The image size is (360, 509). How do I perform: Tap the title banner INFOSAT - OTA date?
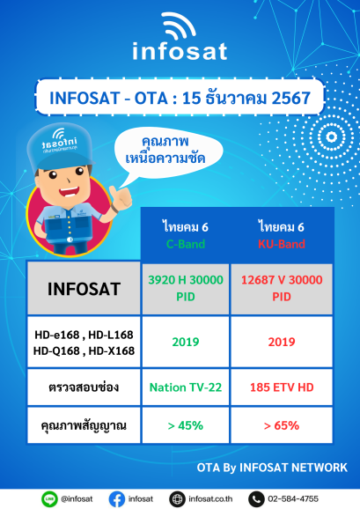point(180,97)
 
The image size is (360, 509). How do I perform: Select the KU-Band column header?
point(282,235)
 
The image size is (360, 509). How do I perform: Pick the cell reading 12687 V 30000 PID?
point(282,289)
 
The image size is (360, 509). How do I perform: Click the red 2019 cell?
point(282,341)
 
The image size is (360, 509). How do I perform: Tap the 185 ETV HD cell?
point(282,386)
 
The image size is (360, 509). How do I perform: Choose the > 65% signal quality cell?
point(282,425)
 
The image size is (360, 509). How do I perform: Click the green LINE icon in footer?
point(50,498)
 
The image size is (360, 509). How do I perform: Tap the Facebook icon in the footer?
point(116,498)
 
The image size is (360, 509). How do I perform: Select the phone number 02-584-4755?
point(294,498)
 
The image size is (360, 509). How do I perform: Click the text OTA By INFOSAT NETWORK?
point(272,467)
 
